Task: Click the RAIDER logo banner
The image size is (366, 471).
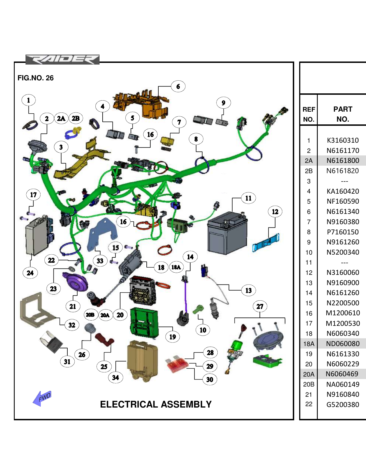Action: tap(62, 60)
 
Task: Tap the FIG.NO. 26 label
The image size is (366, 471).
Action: tap(35, 78)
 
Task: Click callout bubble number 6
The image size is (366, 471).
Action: tap(178, 86)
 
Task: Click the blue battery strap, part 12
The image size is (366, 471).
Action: tap(266, 243)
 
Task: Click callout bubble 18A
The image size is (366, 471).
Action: tap(176, 267)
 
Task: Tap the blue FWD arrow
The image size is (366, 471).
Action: tap(42, 398)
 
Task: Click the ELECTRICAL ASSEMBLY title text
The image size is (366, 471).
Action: tap(156, 404)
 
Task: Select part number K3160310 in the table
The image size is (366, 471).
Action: tap(343, 140)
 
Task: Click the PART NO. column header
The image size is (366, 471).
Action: tap(343, 114)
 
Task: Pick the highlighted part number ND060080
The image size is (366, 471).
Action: tap(343, 344)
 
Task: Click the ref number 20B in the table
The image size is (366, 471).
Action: tap(309, 384)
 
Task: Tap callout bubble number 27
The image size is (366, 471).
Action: tap(260, 306)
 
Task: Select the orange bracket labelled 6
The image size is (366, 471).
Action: tap(141, 104)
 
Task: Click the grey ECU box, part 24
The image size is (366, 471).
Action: tap(37, 235)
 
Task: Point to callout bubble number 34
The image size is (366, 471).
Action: tap(115, 377)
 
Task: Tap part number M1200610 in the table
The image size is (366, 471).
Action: tap(343, 313)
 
